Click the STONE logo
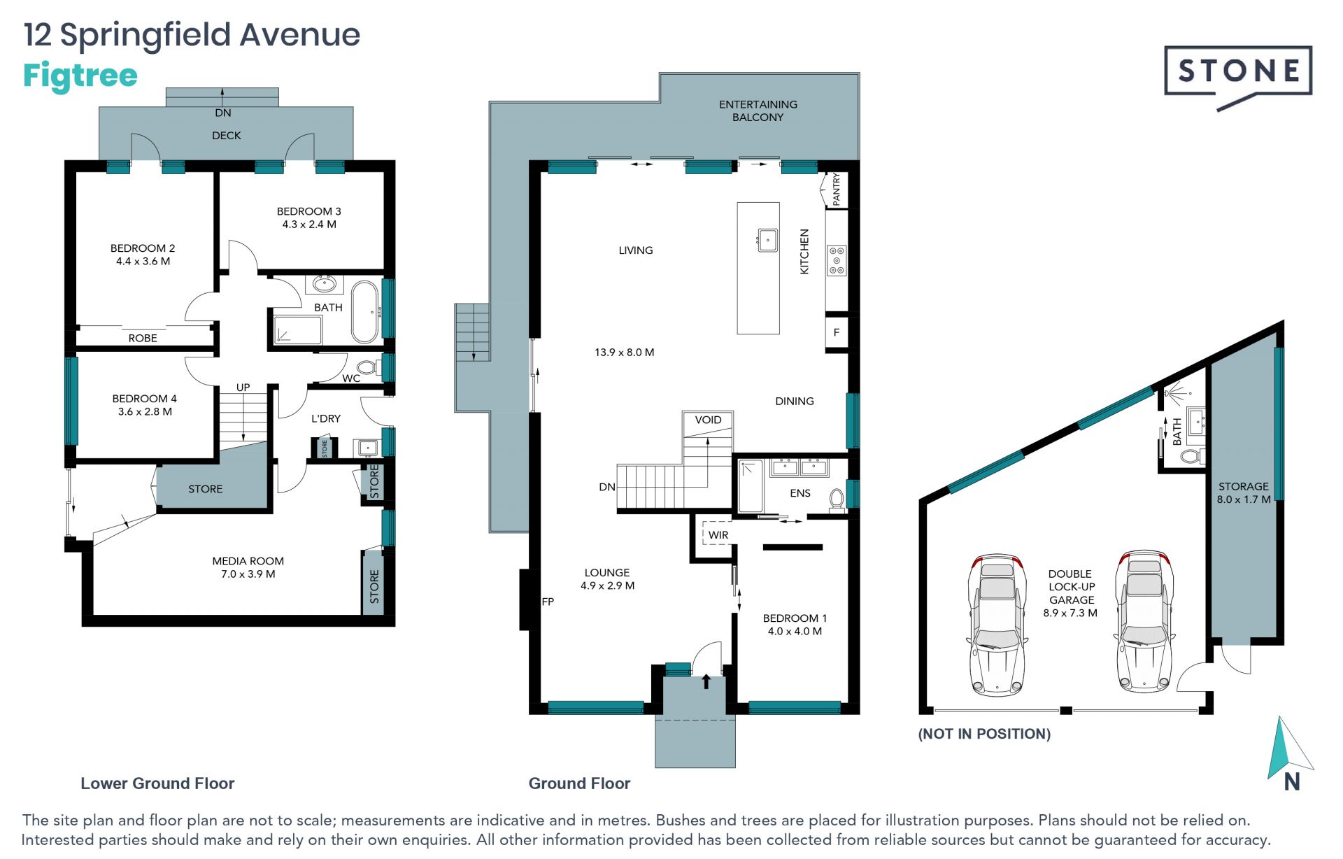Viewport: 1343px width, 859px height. [x=1237, y=76]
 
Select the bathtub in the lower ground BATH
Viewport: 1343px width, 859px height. [x=364, y=311]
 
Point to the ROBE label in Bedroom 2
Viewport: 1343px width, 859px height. [x=143, y=339]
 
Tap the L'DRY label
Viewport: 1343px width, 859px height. [x=326, y=418]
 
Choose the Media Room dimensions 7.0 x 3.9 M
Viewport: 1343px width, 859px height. [x=248, y=574]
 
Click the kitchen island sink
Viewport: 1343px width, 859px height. [x=767, y=240]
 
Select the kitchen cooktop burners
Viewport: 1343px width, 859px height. [x=837, y=260]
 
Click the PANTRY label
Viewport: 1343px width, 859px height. [x=836, y=189]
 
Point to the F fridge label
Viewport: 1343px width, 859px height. [x=836, y=333]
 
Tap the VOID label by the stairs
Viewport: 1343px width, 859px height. [x=708, y=420]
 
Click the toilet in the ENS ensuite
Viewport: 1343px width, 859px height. [x=836, y=499]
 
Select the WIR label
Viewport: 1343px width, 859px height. [x=718, y=535]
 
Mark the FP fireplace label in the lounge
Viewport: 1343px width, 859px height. [x=548, y=602]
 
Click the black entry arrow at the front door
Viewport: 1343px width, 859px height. [x=706, y=681]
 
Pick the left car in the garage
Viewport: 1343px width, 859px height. [x=997, y=625]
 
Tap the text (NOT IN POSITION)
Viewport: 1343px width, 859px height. [x=984, y=734]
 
